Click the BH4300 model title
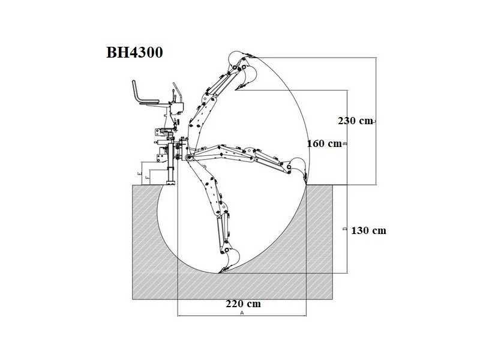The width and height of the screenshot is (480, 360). click(x=134, y=52)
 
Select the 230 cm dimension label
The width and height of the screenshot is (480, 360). click(x=355, y=121)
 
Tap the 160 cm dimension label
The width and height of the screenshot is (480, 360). click(x=324, y=143)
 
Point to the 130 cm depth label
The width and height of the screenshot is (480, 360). click(x=368, y=230)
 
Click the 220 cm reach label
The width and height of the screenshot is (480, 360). click(x=244, y=304)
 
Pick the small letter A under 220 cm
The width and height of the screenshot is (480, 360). click(x=242, y=313)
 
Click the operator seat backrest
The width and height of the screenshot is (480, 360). click(x=136, y=91)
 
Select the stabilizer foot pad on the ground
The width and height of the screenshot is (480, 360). click(x=171, y=183)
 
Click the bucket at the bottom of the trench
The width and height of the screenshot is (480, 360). click(x=230, y=260)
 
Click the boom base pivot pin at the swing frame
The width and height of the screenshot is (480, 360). click(x=189, y=158)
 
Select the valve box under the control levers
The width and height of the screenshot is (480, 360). click(x=177, y=108)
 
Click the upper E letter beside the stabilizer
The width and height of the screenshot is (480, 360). click(x=140, y=173)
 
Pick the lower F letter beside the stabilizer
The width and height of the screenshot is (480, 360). click(x=148, y=178)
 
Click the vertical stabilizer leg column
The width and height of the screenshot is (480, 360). click(x=171, y=162)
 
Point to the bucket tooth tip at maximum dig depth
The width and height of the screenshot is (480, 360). click(x=219, y=272)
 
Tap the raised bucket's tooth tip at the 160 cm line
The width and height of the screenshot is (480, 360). click(x=236, y=90)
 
